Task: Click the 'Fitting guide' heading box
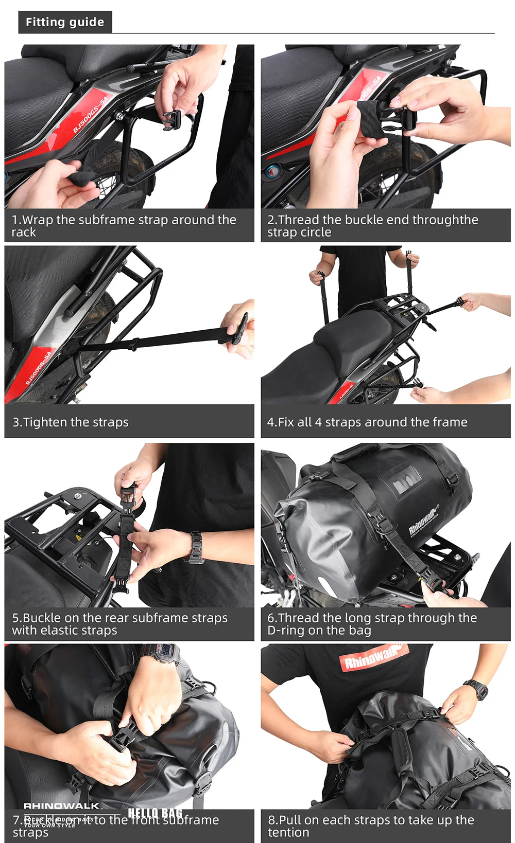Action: (65, 22)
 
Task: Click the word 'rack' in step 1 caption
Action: (24, 232)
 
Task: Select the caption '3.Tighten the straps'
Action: (71, 422)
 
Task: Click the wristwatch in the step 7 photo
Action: (160, 654)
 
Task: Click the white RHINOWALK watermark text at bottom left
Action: (61, 806)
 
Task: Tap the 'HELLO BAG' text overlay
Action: (154, 813)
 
